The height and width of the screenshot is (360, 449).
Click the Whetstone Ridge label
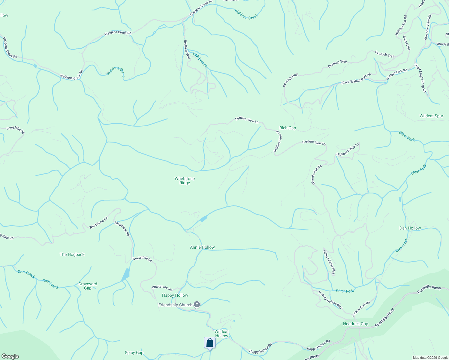pos(185,181)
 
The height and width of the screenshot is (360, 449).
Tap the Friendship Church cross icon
pos(197,305)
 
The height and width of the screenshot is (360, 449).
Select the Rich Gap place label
pos(288,128)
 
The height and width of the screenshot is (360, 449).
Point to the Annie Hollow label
pos(202,247)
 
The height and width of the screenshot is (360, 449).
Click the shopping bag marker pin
pos(209,343)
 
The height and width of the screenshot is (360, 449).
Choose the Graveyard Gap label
pos(88,286)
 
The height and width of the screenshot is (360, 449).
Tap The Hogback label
pos(72,254)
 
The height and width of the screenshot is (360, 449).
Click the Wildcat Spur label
pos(431,116)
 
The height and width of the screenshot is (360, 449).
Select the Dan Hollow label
pos(410,228)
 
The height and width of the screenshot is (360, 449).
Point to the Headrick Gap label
pos(355,324)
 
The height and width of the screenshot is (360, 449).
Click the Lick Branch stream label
pos(200,60)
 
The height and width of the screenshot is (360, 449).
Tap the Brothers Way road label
pos(187,49)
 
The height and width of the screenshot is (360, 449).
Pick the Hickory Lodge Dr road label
pos(348,150)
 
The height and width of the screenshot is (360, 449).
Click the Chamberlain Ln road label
pos(317,175)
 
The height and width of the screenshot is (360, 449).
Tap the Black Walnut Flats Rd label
pos(356,78)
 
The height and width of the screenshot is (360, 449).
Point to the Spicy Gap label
pos(134,352)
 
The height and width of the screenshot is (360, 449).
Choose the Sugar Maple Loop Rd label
pos(420,78)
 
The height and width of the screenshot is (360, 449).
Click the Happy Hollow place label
pos(175,295)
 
